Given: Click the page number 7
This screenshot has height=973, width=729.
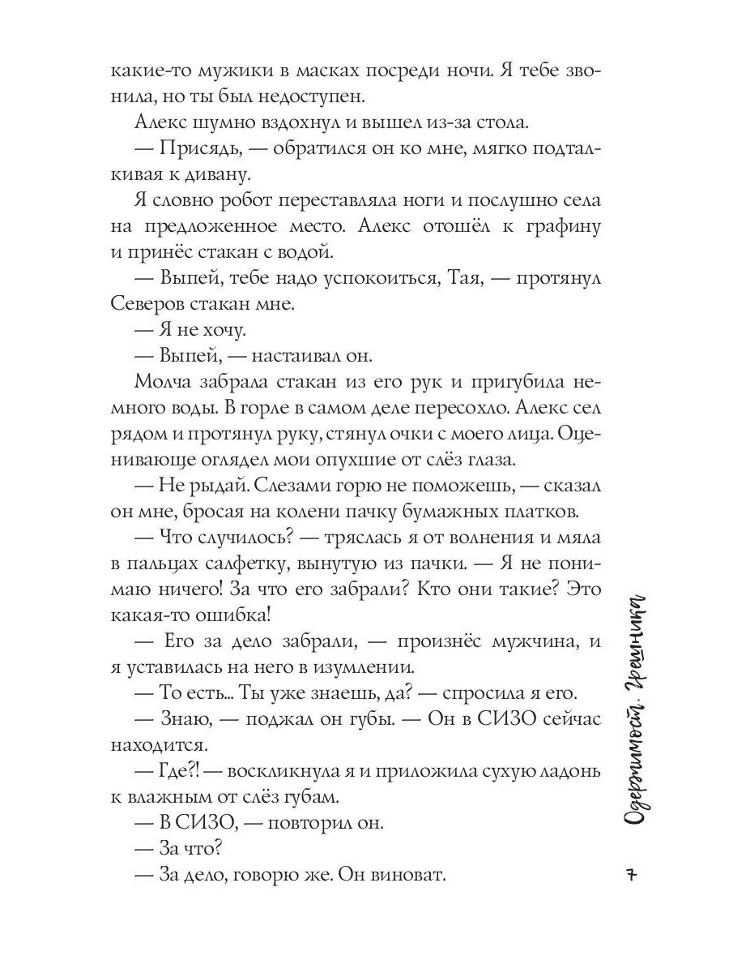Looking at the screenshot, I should (634, 877).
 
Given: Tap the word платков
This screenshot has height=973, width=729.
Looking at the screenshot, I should (542, 512).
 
